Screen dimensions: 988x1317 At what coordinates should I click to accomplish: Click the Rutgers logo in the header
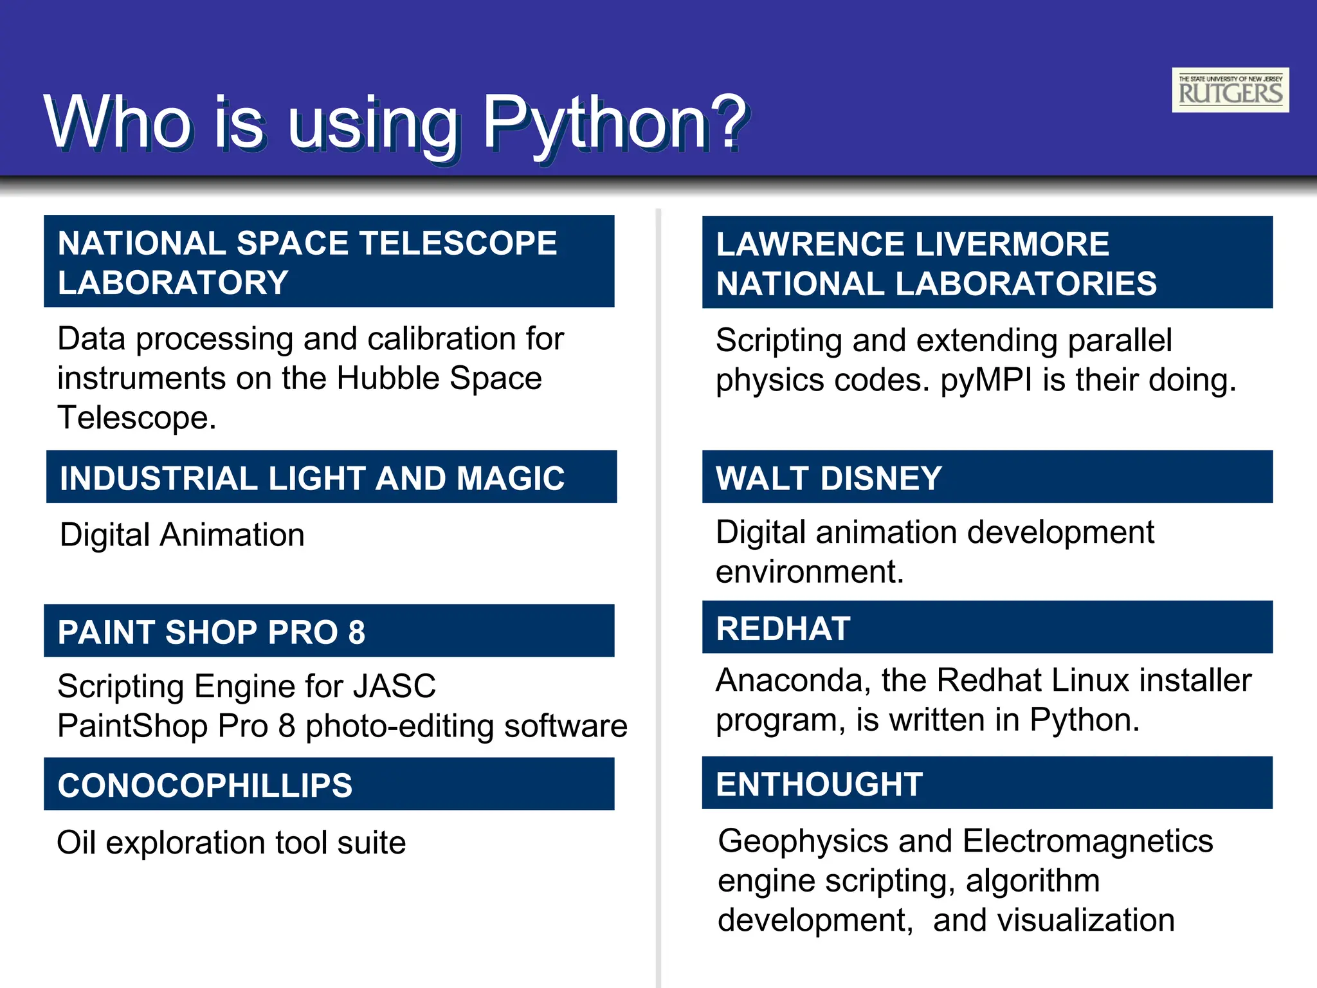(x=1230, y=90)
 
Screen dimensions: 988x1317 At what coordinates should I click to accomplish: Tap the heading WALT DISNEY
(x=828, y=478)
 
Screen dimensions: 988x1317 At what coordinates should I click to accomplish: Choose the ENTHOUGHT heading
(x=819, y=784)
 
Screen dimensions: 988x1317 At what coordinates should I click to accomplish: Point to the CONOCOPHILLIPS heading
(x=205, y=785)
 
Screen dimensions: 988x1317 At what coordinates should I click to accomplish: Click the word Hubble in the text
(x=388, y=378)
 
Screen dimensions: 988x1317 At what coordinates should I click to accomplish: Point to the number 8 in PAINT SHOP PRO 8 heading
(x=356, y=632)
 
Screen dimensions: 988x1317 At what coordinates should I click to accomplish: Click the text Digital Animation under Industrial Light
(x=182, y=535)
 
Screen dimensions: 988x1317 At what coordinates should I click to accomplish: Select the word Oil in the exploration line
(x=76, y=843)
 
